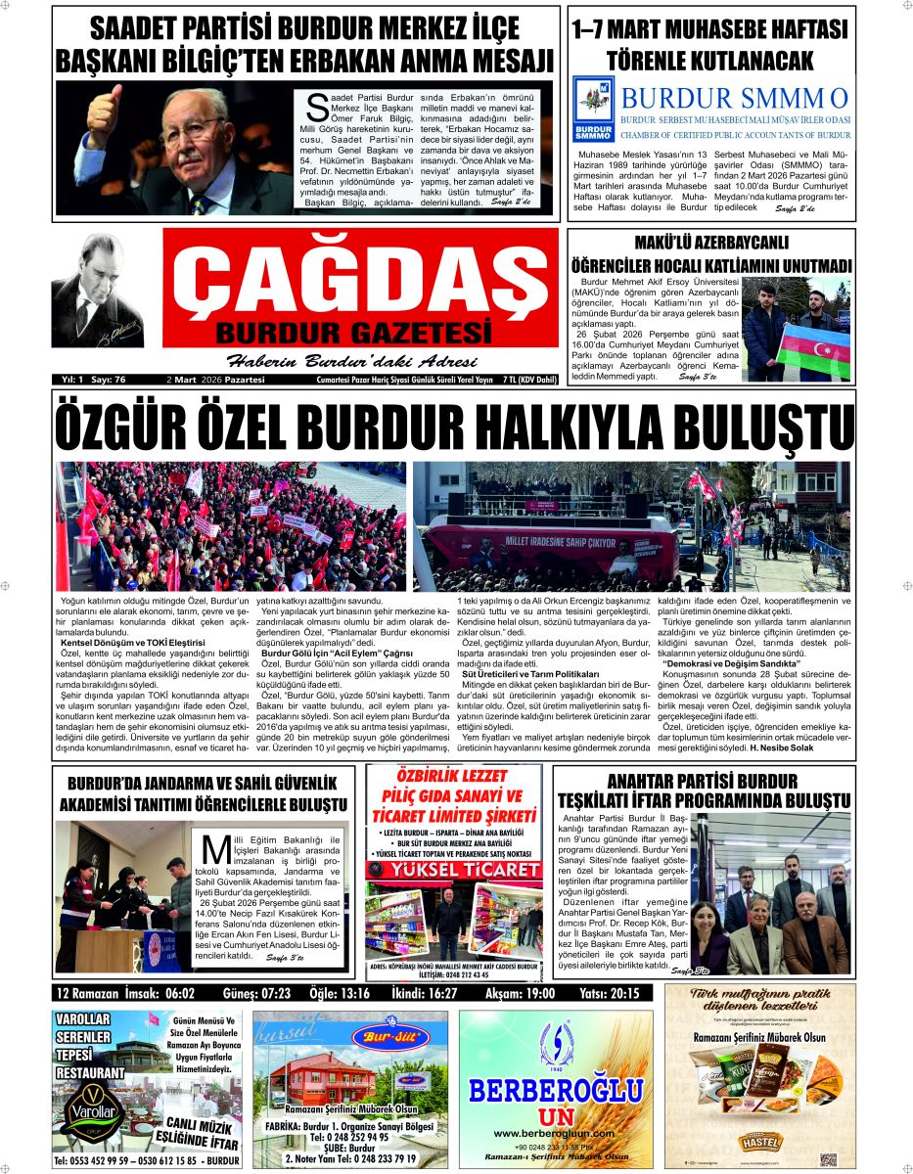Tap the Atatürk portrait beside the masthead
[97, 291]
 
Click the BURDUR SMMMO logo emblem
[593, 109]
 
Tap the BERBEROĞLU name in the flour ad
[556, 1090]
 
